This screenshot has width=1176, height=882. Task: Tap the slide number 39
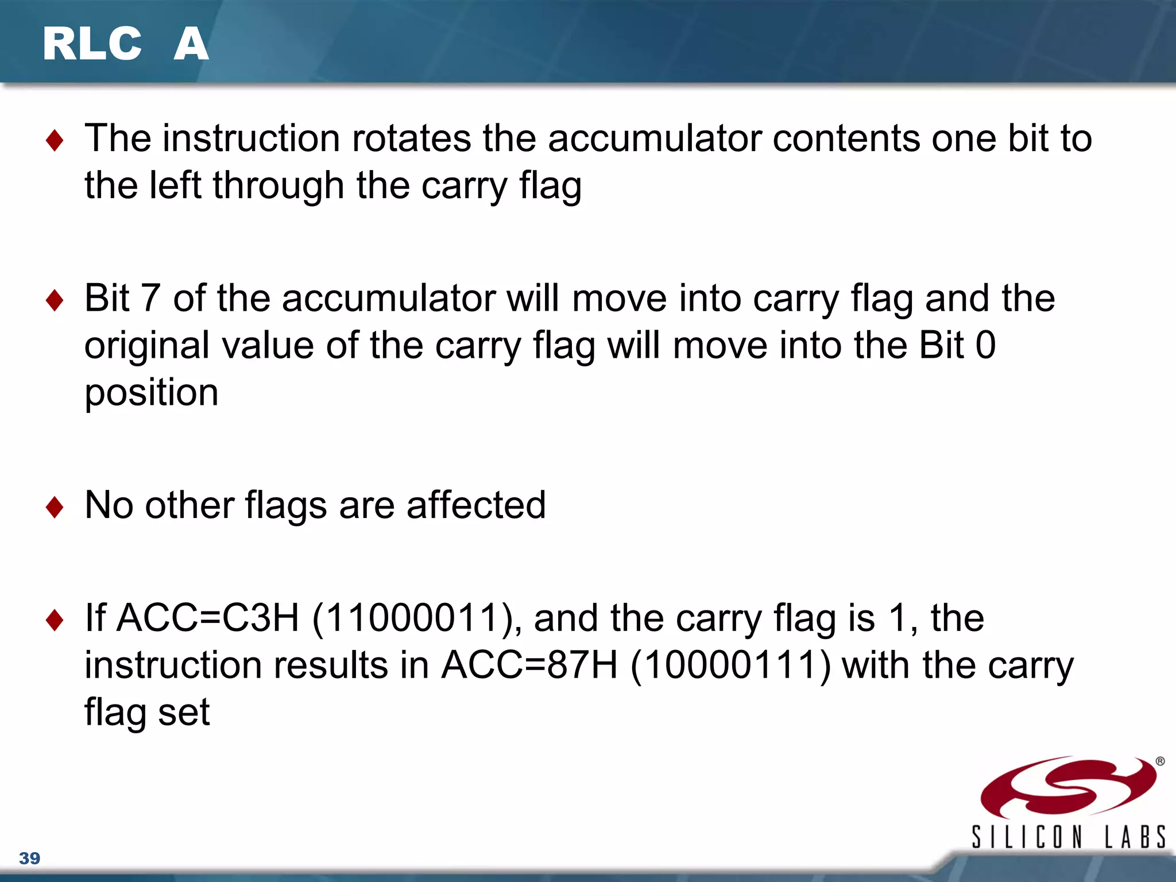tap(29, 858)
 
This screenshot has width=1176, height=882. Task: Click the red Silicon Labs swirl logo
tap(1068, 787)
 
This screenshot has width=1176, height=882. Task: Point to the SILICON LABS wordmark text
tap(1068, 837)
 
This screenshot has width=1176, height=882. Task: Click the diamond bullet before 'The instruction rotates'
tap(55, 140)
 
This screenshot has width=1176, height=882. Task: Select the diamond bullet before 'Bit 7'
tap(55, 300)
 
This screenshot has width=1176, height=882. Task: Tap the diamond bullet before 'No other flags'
tap(55, 506)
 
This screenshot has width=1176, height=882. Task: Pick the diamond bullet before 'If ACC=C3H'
tap(55, 620)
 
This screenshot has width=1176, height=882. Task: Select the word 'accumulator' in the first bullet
tap(655, 138)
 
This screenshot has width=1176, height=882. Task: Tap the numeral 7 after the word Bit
tap(150, 298)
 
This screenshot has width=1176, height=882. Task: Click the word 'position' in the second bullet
tap(152, 393)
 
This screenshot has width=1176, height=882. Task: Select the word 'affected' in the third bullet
tap(476, 505)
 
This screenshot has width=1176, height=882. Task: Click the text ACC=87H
tap(529, 666)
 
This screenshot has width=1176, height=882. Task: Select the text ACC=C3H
tap(208, 618)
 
